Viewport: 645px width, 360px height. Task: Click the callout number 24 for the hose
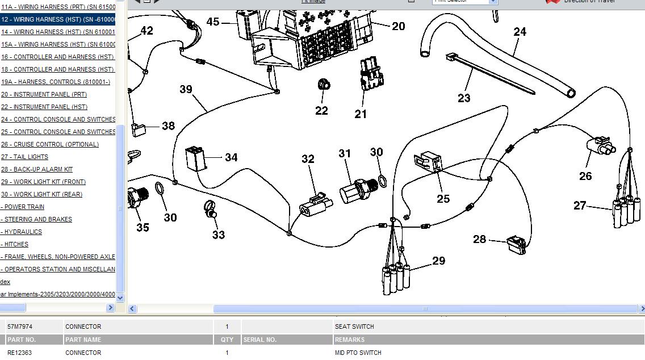(x=520, y=32)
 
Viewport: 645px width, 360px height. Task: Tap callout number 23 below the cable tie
(x=464, y=98)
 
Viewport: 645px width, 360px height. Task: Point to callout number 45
(x=213, y=22)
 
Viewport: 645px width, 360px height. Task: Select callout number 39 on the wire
(x=186, y=89)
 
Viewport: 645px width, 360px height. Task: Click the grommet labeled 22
(x=324, y=85)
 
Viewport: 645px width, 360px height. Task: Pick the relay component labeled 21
(x=369, y=74)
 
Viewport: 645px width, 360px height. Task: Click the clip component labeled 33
(x=210, y=210)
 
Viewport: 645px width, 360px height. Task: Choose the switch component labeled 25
(x=431, y=162)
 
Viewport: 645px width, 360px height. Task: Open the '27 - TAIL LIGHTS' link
(x=24, y=157)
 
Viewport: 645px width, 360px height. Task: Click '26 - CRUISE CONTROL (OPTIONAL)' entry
(x=49, y=144)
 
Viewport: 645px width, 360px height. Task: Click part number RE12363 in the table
(x=20, y=353)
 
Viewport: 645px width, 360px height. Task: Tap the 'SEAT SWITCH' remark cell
(x=354, y=326)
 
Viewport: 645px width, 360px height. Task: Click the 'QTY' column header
(x=227, y=340)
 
